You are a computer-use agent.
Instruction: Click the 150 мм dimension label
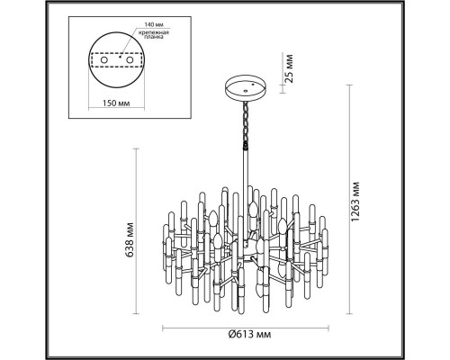click(x=116, y=103)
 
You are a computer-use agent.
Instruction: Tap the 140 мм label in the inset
click(x=154, y=24)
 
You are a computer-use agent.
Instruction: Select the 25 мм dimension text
click(x=288, y=68)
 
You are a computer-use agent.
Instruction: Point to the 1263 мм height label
click(x=355, y=202)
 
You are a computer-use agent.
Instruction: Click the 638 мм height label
click(x=130, y=240)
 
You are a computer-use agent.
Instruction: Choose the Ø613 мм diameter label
click(x=249, y=334)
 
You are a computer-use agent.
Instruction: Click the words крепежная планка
click(x=154, y=35)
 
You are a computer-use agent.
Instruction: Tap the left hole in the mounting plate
click(x=104, y=60)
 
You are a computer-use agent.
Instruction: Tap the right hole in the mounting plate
click(x=130, y=60)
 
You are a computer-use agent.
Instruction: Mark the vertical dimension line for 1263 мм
click(x=349, y=200)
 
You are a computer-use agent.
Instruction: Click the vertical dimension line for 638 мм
click(x=136, y=231)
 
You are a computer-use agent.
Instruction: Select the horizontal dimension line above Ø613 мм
click(x=246, y=328)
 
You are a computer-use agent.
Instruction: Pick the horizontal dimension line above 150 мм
click(x=116, y=108)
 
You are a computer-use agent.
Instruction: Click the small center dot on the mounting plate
click(x=120, y=57)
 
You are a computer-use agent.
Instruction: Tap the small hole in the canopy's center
click(x=246, y=91)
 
